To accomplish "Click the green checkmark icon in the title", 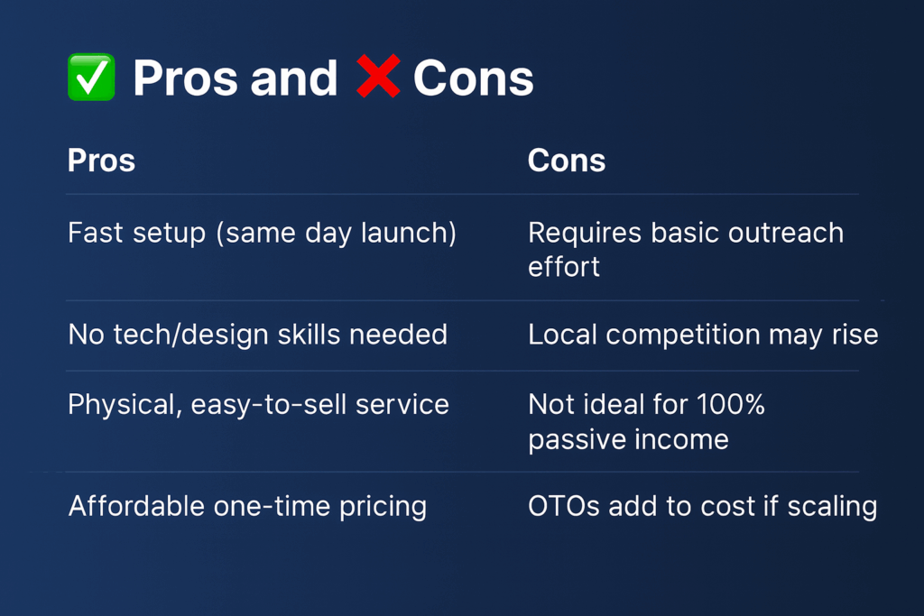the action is (x=91, y=78).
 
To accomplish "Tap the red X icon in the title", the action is (x=378, y=76).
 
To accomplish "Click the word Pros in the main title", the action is (x=185, y=78).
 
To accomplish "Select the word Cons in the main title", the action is (x=473, y=78).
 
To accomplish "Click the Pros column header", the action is (x=101, y=161).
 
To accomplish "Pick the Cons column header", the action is (x=567, y=161).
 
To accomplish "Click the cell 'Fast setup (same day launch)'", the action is (x=263, y=234).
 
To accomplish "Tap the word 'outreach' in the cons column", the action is (x=786, y=233).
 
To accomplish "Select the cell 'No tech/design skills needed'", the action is (x=257, y=335).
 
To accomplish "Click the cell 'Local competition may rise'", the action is (x=703, y=336).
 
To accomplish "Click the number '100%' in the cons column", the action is (x=731, y=405).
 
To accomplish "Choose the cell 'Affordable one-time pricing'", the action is (x=247, y=507).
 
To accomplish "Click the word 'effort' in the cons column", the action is (x=563, y=267).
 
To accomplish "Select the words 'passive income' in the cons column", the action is (x=628, y=440).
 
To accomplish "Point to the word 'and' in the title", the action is (x=293, y=78).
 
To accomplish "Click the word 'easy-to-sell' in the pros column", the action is (x=269, y=405).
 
